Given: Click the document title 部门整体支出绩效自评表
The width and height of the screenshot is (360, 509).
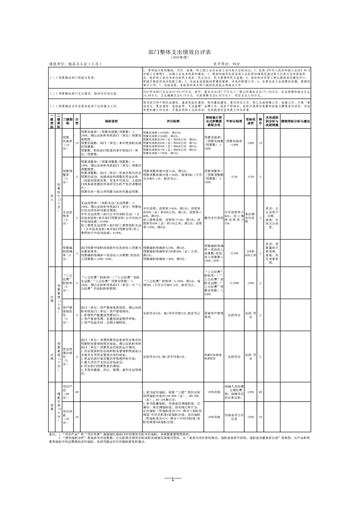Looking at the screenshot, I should [180, 52].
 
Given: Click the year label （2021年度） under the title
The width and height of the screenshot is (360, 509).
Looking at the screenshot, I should [180, 58].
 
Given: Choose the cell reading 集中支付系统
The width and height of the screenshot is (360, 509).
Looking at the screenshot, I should [213, 218].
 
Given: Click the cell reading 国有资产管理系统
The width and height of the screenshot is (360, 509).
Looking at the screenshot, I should [213, 313].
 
